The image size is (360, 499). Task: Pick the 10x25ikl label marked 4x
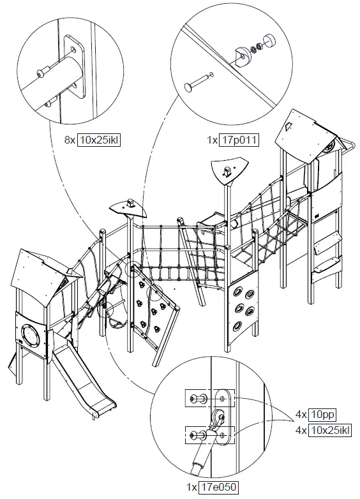click(329, 431)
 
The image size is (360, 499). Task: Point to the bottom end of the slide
click(105, 404)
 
